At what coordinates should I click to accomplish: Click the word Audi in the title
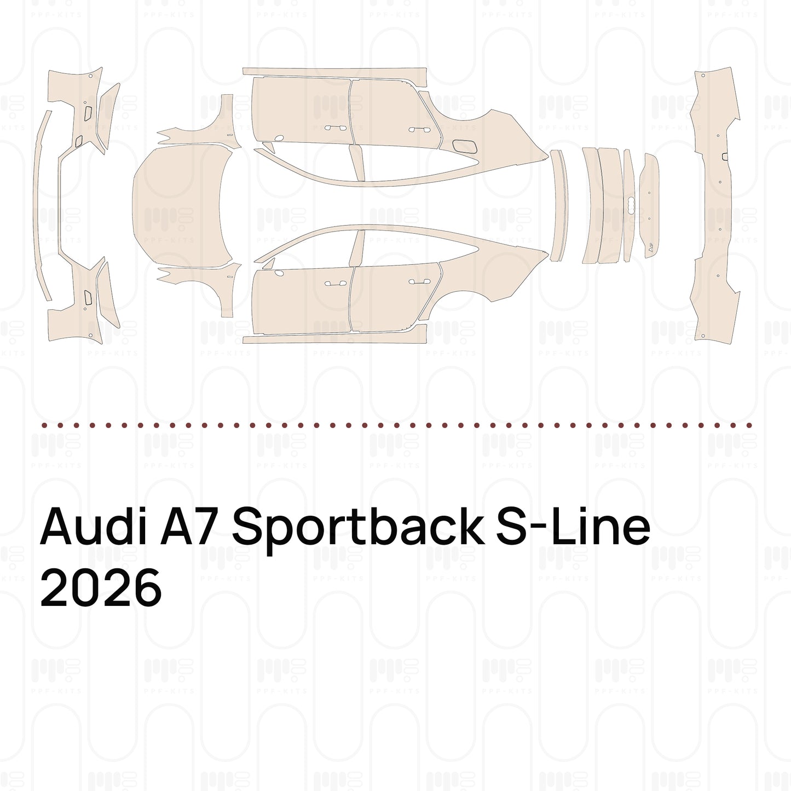[x=93, y=526]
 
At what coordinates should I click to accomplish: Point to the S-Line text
[x=573, y=526]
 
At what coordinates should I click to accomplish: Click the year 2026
[x=101, y=588]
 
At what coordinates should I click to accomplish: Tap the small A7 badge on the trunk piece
[x=651, y=247]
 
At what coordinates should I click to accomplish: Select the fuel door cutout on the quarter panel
[x=465, y=146]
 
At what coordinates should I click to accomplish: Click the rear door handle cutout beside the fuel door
[x=419, y=130]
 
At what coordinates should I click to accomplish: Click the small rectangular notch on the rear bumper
[x=725, y=157]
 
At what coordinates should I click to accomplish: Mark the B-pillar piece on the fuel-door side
[x=357, y=163]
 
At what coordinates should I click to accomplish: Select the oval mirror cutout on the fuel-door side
[x=279, y=138]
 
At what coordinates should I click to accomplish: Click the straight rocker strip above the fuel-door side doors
[x=334, y=77]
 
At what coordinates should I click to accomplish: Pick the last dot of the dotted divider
[x=749, y=426]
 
